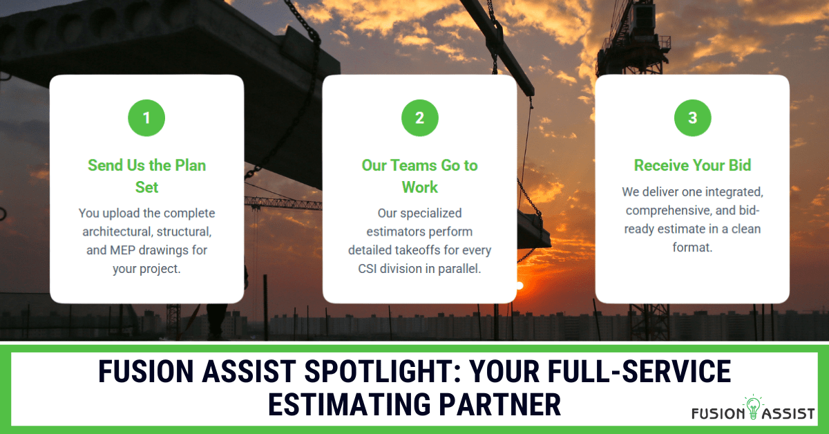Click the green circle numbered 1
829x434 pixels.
(146, 118)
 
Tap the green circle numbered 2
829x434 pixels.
(419, 118)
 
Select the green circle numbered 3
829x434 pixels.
(692, 118)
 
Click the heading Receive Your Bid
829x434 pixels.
(692, 166)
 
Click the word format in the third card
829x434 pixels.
(692, 246)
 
